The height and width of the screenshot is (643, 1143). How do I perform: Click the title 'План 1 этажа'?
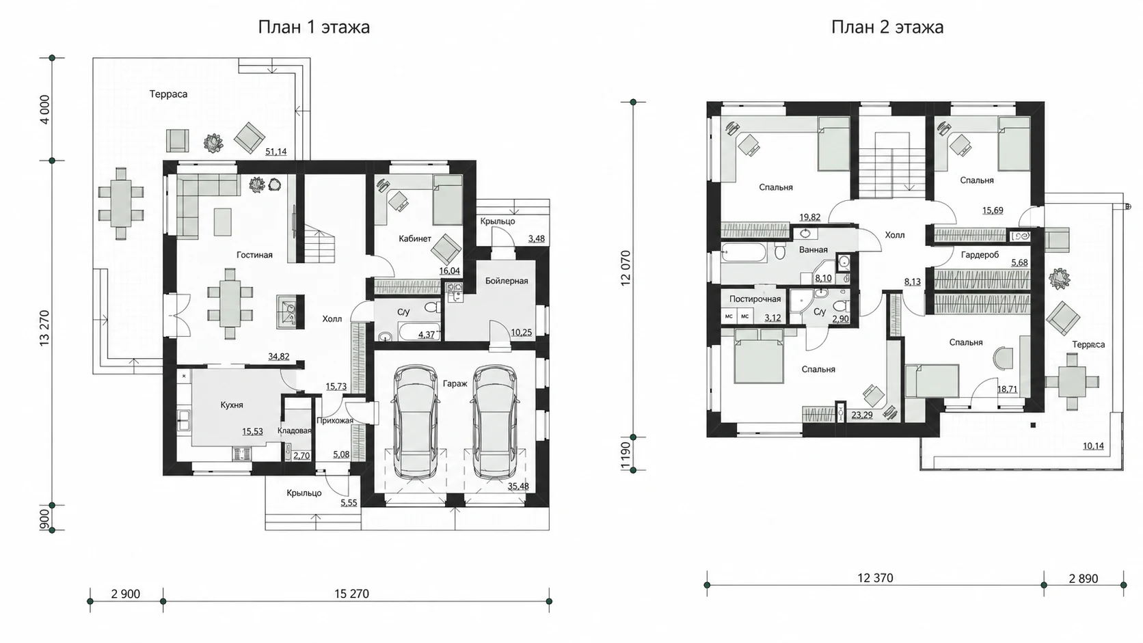click(314, 27)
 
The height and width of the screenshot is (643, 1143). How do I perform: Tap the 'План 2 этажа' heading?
click(887, 27)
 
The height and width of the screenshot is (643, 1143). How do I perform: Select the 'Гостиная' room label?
click(254, 255)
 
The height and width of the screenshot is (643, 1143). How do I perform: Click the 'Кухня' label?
click(232, 405)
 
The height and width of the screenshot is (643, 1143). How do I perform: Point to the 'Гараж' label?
click(455, 383)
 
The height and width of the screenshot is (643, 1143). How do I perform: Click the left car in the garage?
click(416, 422)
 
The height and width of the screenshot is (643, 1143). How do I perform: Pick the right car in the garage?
click(494, 422)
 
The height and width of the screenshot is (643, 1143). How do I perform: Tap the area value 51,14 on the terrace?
click(276, 152)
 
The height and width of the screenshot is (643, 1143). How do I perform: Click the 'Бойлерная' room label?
click(507, 281)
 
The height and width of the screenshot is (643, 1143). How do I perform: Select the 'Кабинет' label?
click(415, 238)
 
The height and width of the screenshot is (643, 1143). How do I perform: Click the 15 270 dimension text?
click(351, 594)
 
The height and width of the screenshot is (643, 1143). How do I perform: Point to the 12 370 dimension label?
click(875, 577)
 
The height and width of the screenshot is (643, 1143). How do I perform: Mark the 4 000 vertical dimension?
click(45, 109)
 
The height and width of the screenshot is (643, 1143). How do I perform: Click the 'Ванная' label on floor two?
click(813, 250)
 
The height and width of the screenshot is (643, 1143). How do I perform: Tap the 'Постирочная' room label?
click(755, 299)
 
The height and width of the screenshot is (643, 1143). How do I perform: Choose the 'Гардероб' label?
click(980, 254)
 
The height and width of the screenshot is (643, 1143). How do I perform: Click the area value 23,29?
click(862, 415)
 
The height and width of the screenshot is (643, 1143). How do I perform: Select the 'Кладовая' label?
click(294, 430)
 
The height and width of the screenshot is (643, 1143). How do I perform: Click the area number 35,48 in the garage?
click(518, 487)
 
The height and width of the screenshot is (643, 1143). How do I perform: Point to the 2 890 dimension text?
click(1084, 578)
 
